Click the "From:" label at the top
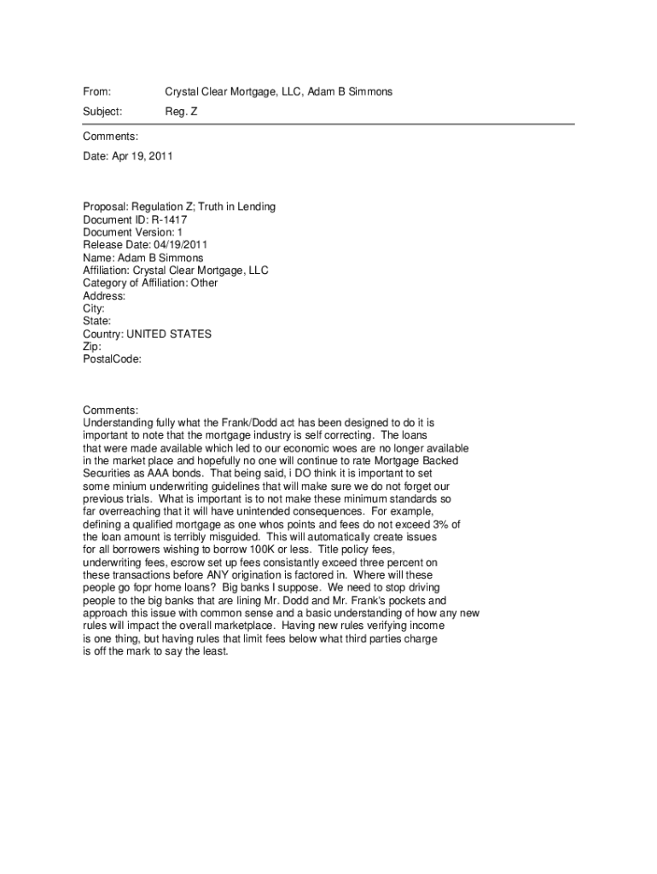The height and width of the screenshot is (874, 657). point(97,91)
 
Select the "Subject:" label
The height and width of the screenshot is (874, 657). point(102,112)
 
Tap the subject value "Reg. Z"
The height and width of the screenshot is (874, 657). point(181,112)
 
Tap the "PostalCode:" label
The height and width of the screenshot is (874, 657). point(112,359)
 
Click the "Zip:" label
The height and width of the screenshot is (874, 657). point(92,347)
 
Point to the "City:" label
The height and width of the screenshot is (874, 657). point(94,309)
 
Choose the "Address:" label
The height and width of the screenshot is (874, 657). point(104,296)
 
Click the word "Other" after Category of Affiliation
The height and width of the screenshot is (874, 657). point(204,283)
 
